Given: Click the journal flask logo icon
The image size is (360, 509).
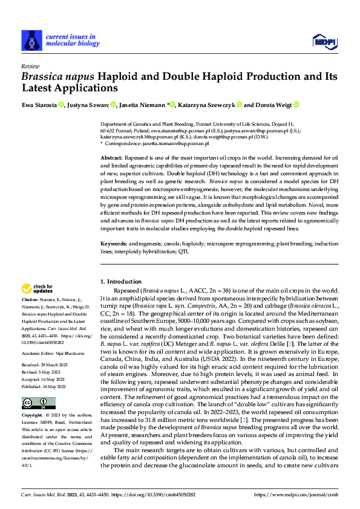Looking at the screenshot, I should pyautogui.click(x=30, y=40).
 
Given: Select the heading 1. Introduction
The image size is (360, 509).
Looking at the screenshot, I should pyautogui.click(x=121, y=282).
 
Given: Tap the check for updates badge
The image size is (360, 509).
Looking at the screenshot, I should pyautogui.click(x=38, y=289).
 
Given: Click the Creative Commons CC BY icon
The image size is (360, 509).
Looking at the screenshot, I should pyautogui.click(x=34, y=403).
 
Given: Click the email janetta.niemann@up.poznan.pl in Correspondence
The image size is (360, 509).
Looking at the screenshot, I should pyautogui.click(x=177, y=144).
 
